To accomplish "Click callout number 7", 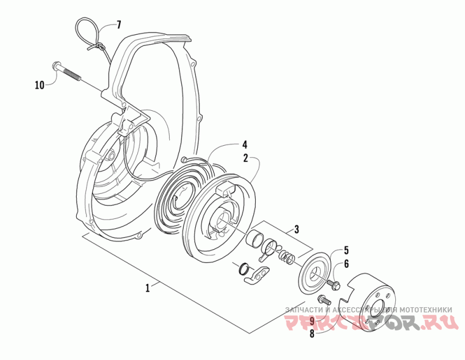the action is pos(119,24).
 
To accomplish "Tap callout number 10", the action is pos(40,85).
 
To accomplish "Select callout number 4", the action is pos(245,144).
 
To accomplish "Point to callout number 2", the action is pos(246,157).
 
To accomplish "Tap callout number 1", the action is pos(148,287).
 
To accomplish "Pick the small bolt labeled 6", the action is pos(335,285).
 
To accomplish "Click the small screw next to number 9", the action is pos(325,301).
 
